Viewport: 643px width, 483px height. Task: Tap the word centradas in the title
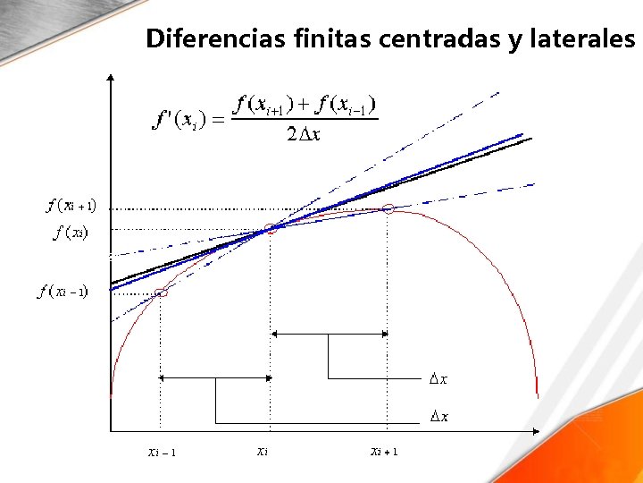click(x=441, y=39)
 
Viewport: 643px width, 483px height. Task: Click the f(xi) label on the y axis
click(x=71, y=233)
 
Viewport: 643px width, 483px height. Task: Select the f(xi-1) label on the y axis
click(x=63, y=292)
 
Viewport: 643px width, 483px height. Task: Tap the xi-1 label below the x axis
click(x=162, y=452)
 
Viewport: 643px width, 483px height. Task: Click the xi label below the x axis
click(x=263, y=451)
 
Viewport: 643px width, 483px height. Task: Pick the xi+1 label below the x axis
click(x=384, y=451)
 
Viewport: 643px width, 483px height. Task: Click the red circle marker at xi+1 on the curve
click(x=388, y=208)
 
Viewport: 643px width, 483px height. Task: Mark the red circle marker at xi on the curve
click(x=271, y=230)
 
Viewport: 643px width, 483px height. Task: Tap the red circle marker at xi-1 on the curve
click(x=162, y=292)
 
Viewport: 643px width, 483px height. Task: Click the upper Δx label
click(x=438, y=379)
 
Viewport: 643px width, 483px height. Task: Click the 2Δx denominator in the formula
click(x=304, y=135)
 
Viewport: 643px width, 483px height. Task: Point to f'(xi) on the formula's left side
click(x=180, y=119)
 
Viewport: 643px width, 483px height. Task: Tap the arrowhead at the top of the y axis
click(x=110, y=78)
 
